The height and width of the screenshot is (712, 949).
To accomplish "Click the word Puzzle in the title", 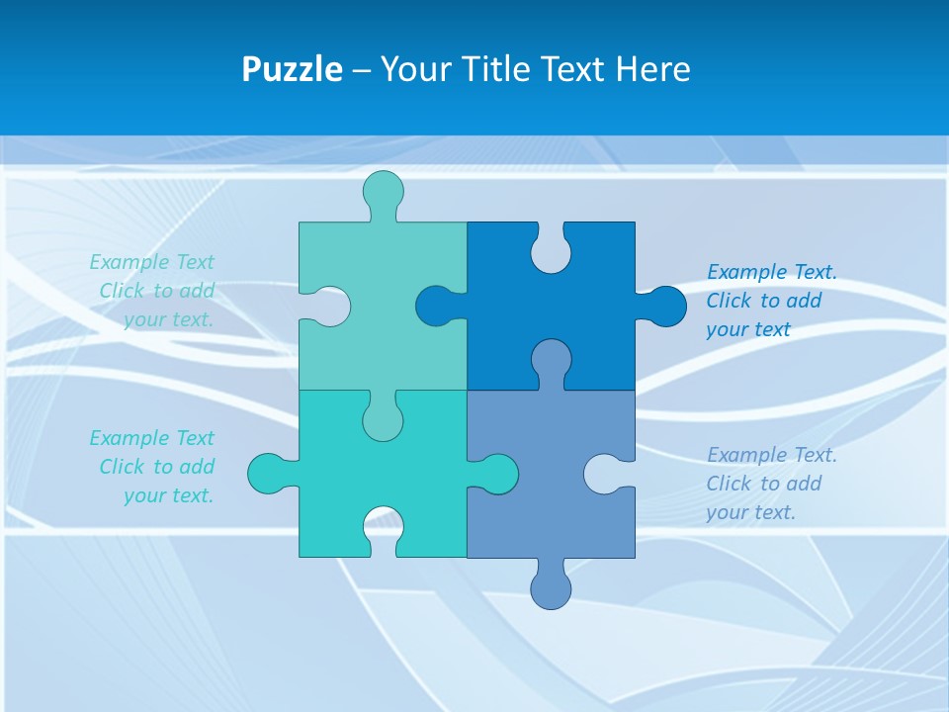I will point(292,70).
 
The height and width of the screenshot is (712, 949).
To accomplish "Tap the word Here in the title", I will point(652,70).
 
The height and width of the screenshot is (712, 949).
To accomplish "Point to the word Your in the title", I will point(414,70).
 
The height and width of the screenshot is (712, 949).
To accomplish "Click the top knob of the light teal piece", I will point(383,191).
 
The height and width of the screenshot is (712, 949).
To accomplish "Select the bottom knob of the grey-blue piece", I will point(551,589).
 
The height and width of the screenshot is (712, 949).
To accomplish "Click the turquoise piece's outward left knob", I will point(268,474).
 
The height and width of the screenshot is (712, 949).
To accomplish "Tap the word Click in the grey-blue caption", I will point(729,484).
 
